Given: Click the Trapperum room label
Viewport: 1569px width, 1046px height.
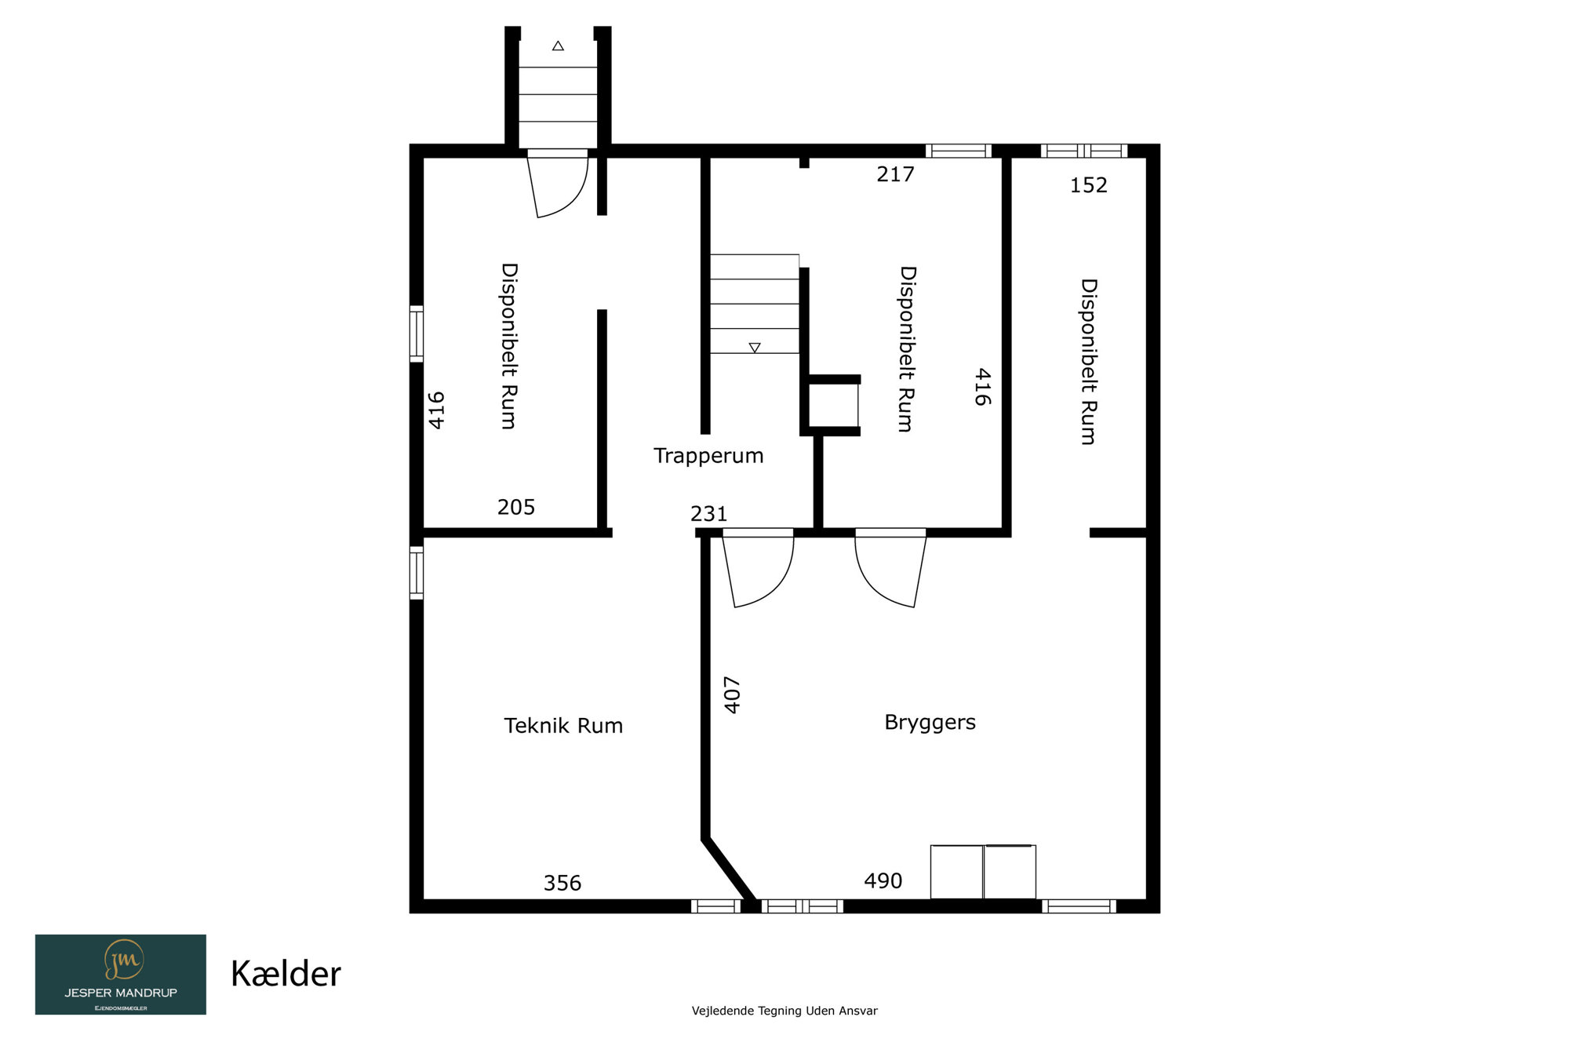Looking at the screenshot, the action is (x=708, y=456).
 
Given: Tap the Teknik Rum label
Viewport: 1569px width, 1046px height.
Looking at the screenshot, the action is (x=563, y=726).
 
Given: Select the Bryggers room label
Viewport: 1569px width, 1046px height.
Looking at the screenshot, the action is (x=930, y=723).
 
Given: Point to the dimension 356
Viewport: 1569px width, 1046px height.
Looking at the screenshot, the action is (x=562, y=884).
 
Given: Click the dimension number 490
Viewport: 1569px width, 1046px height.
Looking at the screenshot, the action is (x=883, y=881).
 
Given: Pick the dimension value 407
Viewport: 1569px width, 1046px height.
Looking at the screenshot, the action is (x=732, y=695).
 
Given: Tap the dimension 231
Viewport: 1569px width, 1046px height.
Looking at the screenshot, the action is (x=709, y=514).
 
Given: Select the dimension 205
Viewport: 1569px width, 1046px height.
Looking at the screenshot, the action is (x=516, y=507).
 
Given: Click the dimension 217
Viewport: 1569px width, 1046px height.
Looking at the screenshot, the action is (x=896, y=174).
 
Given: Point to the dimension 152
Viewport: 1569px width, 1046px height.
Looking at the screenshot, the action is (x=1089, y=185).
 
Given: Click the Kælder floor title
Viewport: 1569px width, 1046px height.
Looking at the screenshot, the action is (x=286, y=975).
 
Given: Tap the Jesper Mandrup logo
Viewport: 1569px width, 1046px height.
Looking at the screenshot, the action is (x=121, y=975).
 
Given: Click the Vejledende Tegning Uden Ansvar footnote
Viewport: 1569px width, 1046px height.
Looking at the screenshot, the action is (x=784, y=1011).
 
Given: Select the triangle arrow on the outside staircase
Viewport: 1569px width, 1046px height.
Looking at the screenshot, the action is (x=558, y=46).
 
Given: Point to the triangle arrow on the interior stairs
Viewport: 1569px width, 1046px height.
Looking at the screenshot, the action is (x=755, y=348).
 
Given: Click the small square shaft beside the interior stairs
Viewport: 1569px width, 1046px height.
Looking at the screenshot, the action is (x=833, y=406).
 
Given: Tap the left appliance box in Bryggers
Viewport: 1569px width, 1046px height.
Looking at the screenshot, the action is (x=957, y=872).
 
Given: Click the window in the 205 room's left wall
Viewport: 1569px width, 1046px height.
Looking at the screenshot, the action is (x=417, y=334).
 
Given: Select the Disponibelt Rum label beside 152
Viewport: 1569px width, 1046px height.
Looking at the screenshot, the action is (x=1089, y=362).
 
